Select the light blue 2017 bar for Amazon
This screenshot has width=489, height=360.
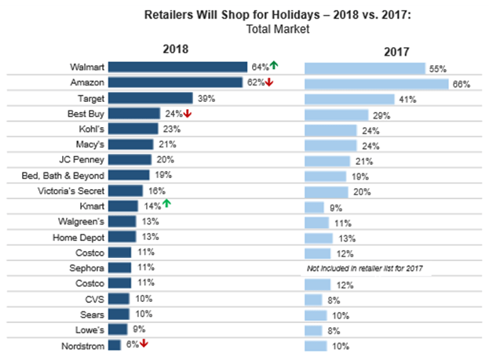(375, 83)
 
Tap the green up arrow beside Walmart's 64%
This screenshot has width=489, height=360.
(274, 67)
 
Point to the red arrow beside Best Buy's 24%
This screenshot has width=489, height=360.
(188, 114)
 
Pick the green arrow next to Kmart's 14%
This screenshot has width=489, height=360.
(166, 205)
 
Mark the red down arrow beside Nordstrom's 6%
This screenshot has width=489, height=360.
(144, 344)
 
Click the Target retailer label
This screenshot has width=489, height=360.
(89, 98)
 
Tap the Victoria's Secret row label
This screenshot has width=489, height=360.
(71, 191)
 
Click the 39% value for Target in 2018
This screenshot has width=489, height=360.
(206, 99)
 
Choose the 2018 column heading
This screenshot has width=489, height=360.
(177, 49)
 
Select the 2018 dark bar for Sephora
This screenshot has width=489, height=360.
(119, 267)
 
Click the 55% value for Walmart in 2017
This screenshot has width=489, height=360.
(438, 69)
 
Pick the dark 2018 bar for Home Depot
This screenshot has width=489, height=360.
(122, 236)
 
